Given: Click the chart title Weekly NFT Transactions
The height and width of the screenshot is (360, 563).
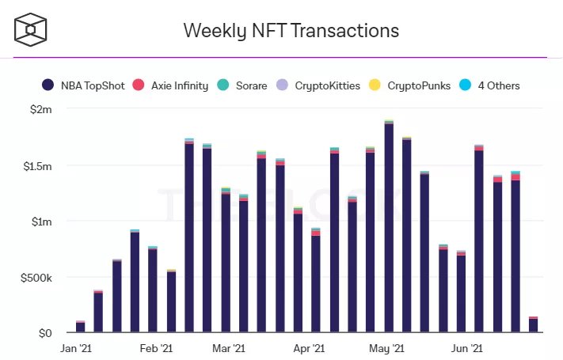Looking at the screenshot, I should [x=291, y=30].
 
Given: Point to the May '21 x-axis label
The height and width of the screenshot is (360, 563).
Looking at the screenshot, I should [x=388, y=348].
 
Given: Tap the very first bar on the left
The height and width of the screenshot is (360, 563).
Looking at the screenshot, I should [x=81, y=327].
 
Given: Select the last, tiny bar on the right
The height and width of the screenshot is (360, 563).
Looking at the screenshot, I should [x=534, y=325].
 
